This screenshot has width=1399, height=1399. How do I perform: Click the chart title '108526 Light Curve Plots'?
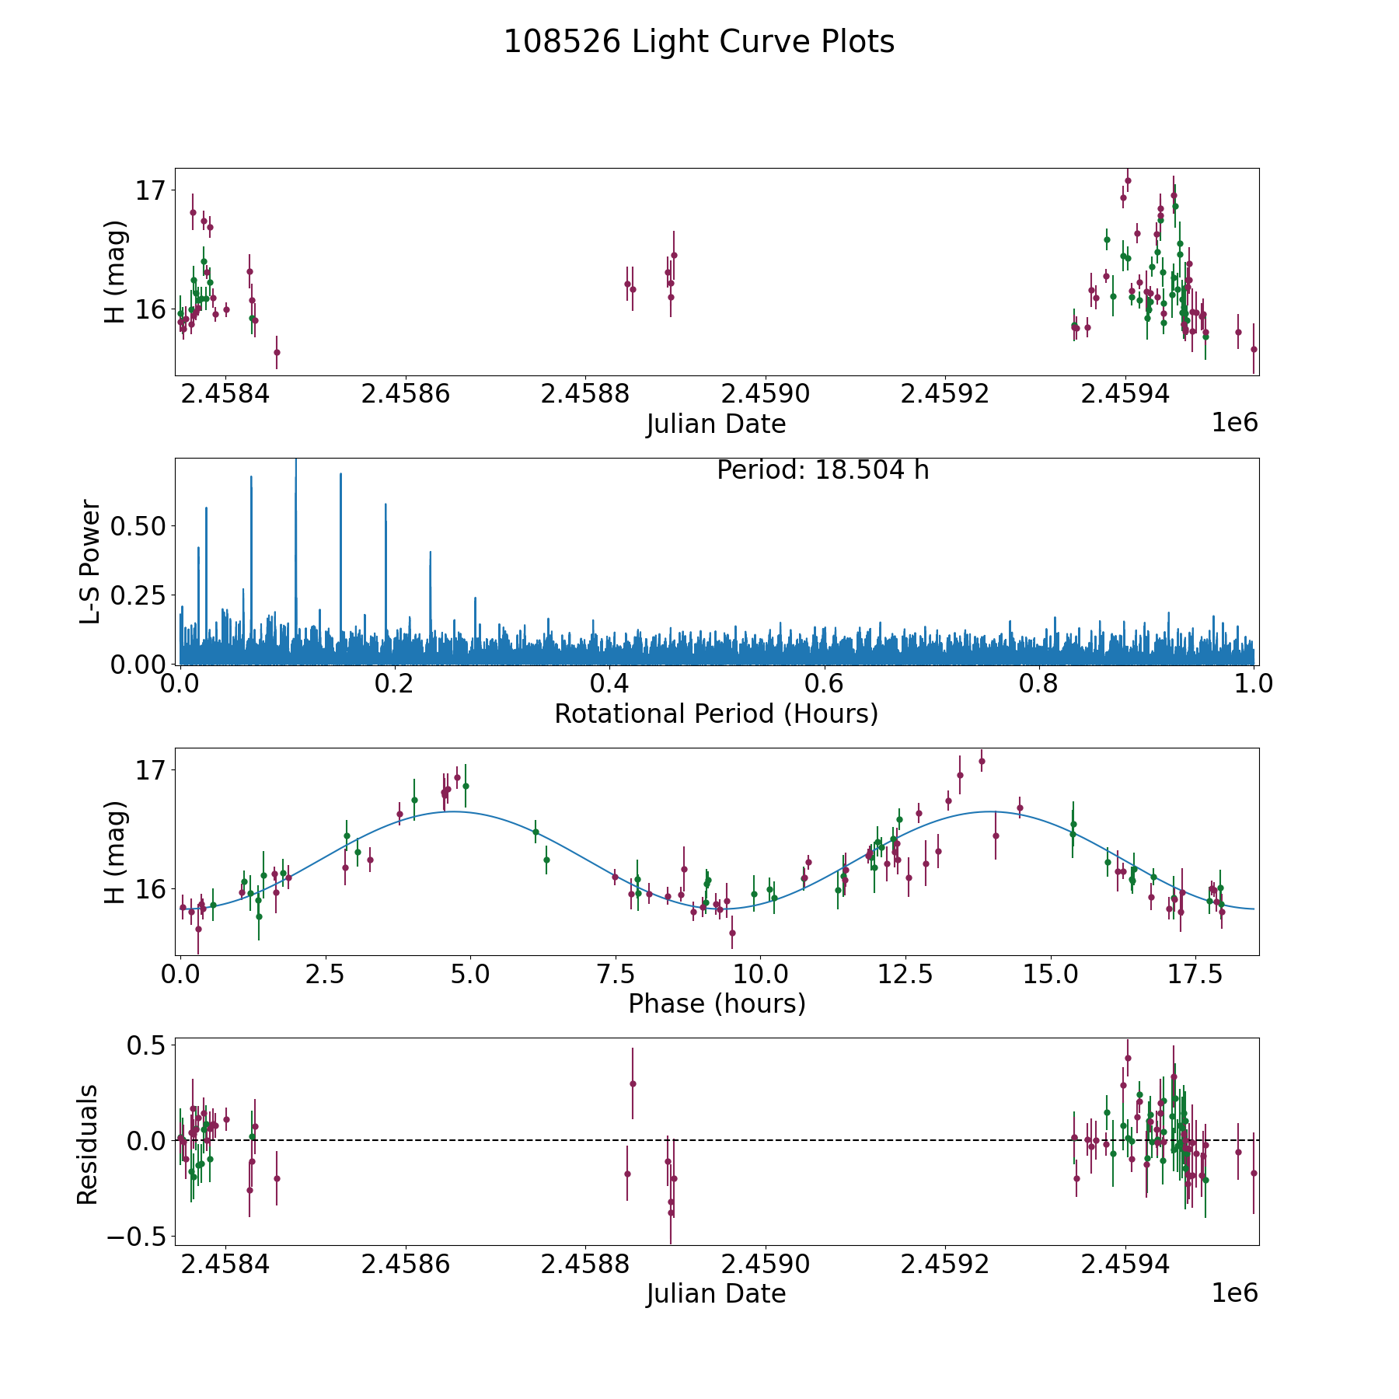[699, 42]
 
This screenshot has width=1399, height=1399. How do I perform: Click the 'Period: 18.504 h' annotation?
[822, 471]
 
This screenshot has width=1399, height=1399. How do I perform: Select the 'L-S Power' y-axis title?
[91, 561]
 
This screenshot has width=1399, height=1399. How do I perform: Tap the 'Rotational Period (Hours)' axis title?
[716, 713]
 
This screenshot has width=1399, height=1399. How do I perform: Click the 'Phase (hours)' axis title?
[716, 1003]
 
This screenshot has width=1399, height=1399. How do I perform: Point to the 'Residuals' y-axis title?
[88, 1144]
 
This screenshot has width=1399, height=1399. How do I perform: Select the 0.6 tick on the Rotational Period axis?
[824, 684]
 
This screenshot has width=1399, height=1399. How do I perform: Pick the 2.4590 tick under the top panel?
[766, 394]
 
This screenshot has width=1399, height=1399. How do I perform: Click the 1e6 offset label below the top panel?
[1234, 424]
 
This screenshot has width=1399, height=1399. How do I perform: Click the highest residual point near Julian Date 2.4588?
[633, 1083]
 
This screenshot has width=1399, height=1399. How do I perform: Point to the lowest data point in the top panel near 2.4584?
[277, 352]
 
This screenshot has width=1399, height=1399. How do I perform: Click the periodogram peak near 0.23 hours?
[431, 553]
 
